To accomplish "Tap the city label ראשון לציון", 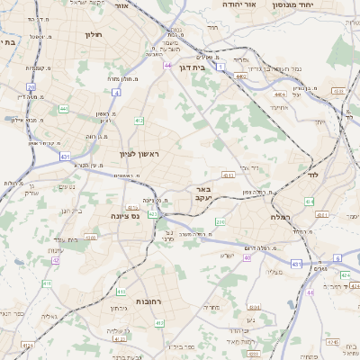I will click(139, 154).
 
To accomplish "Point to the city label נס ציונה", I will click(125, 216).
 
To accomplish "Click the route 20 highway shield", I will click(31, 86).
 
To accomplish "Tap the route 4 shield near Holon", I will click(117, 92).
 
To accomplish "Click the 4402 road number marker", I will click(240, 77).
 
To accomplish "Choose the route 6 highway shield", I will click(337, 257).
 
